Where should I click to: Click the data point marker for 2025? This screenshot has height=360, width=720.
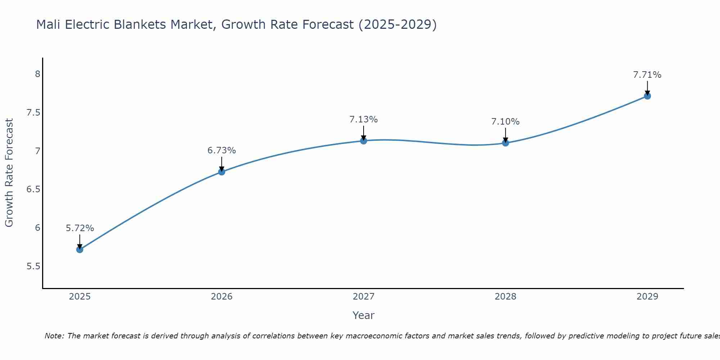[80, 249]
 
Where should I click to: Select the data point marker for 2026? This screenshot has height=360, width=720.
[222, 172]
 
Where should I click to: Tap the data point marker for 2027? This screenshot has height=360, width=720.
[364, 141]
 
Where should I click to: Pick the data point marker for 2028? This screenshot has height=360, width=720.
[505, 143]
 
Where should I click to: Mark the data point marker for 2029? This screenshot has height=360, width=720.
[647, 96]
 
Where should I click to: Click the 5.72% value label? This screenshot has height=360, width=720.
[80, 228]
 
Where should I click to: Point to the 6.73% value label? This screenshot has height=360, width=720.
[222, 150]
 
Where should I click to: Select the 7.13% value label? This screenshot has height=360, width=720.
[364, 120]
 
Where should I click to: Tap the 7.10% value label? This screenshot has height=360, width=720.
[505, 122]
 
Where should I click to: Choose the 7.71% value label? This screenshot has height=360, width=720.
[647, 75]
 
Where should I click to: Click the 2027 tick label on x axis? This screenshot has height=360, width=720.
[364, 297]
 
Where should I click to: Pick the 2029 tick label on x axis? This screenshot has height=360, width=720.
[647, 297]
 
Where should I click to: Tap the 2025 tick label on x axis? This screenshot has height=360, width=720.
[80, 297]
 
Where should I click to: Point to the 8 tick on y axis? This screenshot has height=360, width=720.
[37, 74]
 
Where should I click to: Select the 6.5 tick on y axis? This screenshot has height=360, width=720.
[33, 189]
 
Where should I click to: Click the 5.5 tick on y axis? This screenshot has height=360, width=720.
[33, 266]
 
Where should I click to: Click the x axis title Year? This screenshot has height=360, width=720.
[364, 315]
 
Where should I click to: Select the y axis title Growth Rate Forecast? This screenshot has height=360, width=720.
[9, 173]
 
